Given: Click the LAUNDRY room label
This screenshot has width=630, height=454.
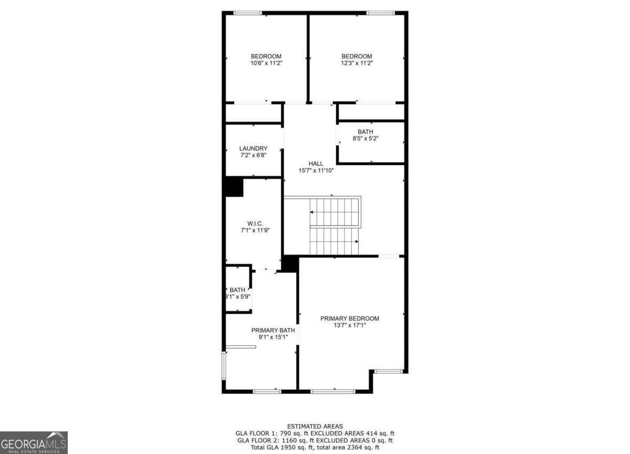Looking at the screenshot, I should (253, 149).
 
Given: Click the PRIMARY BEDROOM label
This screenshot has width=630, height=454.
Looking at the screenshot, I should (350, 318).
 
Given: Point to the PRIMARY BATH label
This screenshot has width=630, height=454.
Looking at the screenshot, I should (272, 331).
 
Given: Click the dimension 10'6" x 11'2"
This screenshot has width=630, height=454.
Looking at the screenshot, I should (266, 63).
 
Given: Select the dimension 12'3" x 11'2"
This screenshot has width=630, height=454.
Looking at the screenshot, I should (356, 63).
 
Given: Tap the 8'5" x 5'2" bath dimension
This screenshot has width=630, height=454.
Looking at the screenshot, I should (365, 139).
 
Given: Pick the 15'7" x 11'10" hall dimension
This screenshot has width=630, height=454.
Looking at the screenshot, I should (316, 170).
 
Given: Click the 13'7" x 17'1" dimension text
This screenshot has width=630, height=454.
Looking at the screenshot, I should (350, 325).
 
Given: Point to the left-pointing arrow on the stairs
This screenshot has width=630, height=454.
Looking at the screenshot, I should (312, 212).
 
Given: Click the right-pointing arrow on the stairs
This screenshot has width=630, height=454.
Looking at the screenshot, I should (356, 242).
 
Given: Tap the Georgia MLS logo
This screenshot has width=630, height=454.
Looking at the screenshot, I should (34, 442).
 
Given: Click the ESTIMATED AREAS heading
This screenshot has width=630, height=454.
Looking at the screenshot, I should (315, 426).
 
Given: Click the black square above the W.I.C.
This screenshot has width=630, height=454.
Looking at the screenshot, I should (234, 187).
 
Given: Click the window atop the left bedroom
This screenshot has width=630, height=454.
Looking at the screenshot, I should (247, 13).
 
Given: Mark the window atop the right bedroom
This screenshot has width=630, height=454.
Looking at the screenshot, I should (381, 13).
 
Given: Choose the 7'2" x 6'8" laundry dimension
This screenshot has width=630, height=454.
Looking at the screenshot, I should (253, 156).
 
